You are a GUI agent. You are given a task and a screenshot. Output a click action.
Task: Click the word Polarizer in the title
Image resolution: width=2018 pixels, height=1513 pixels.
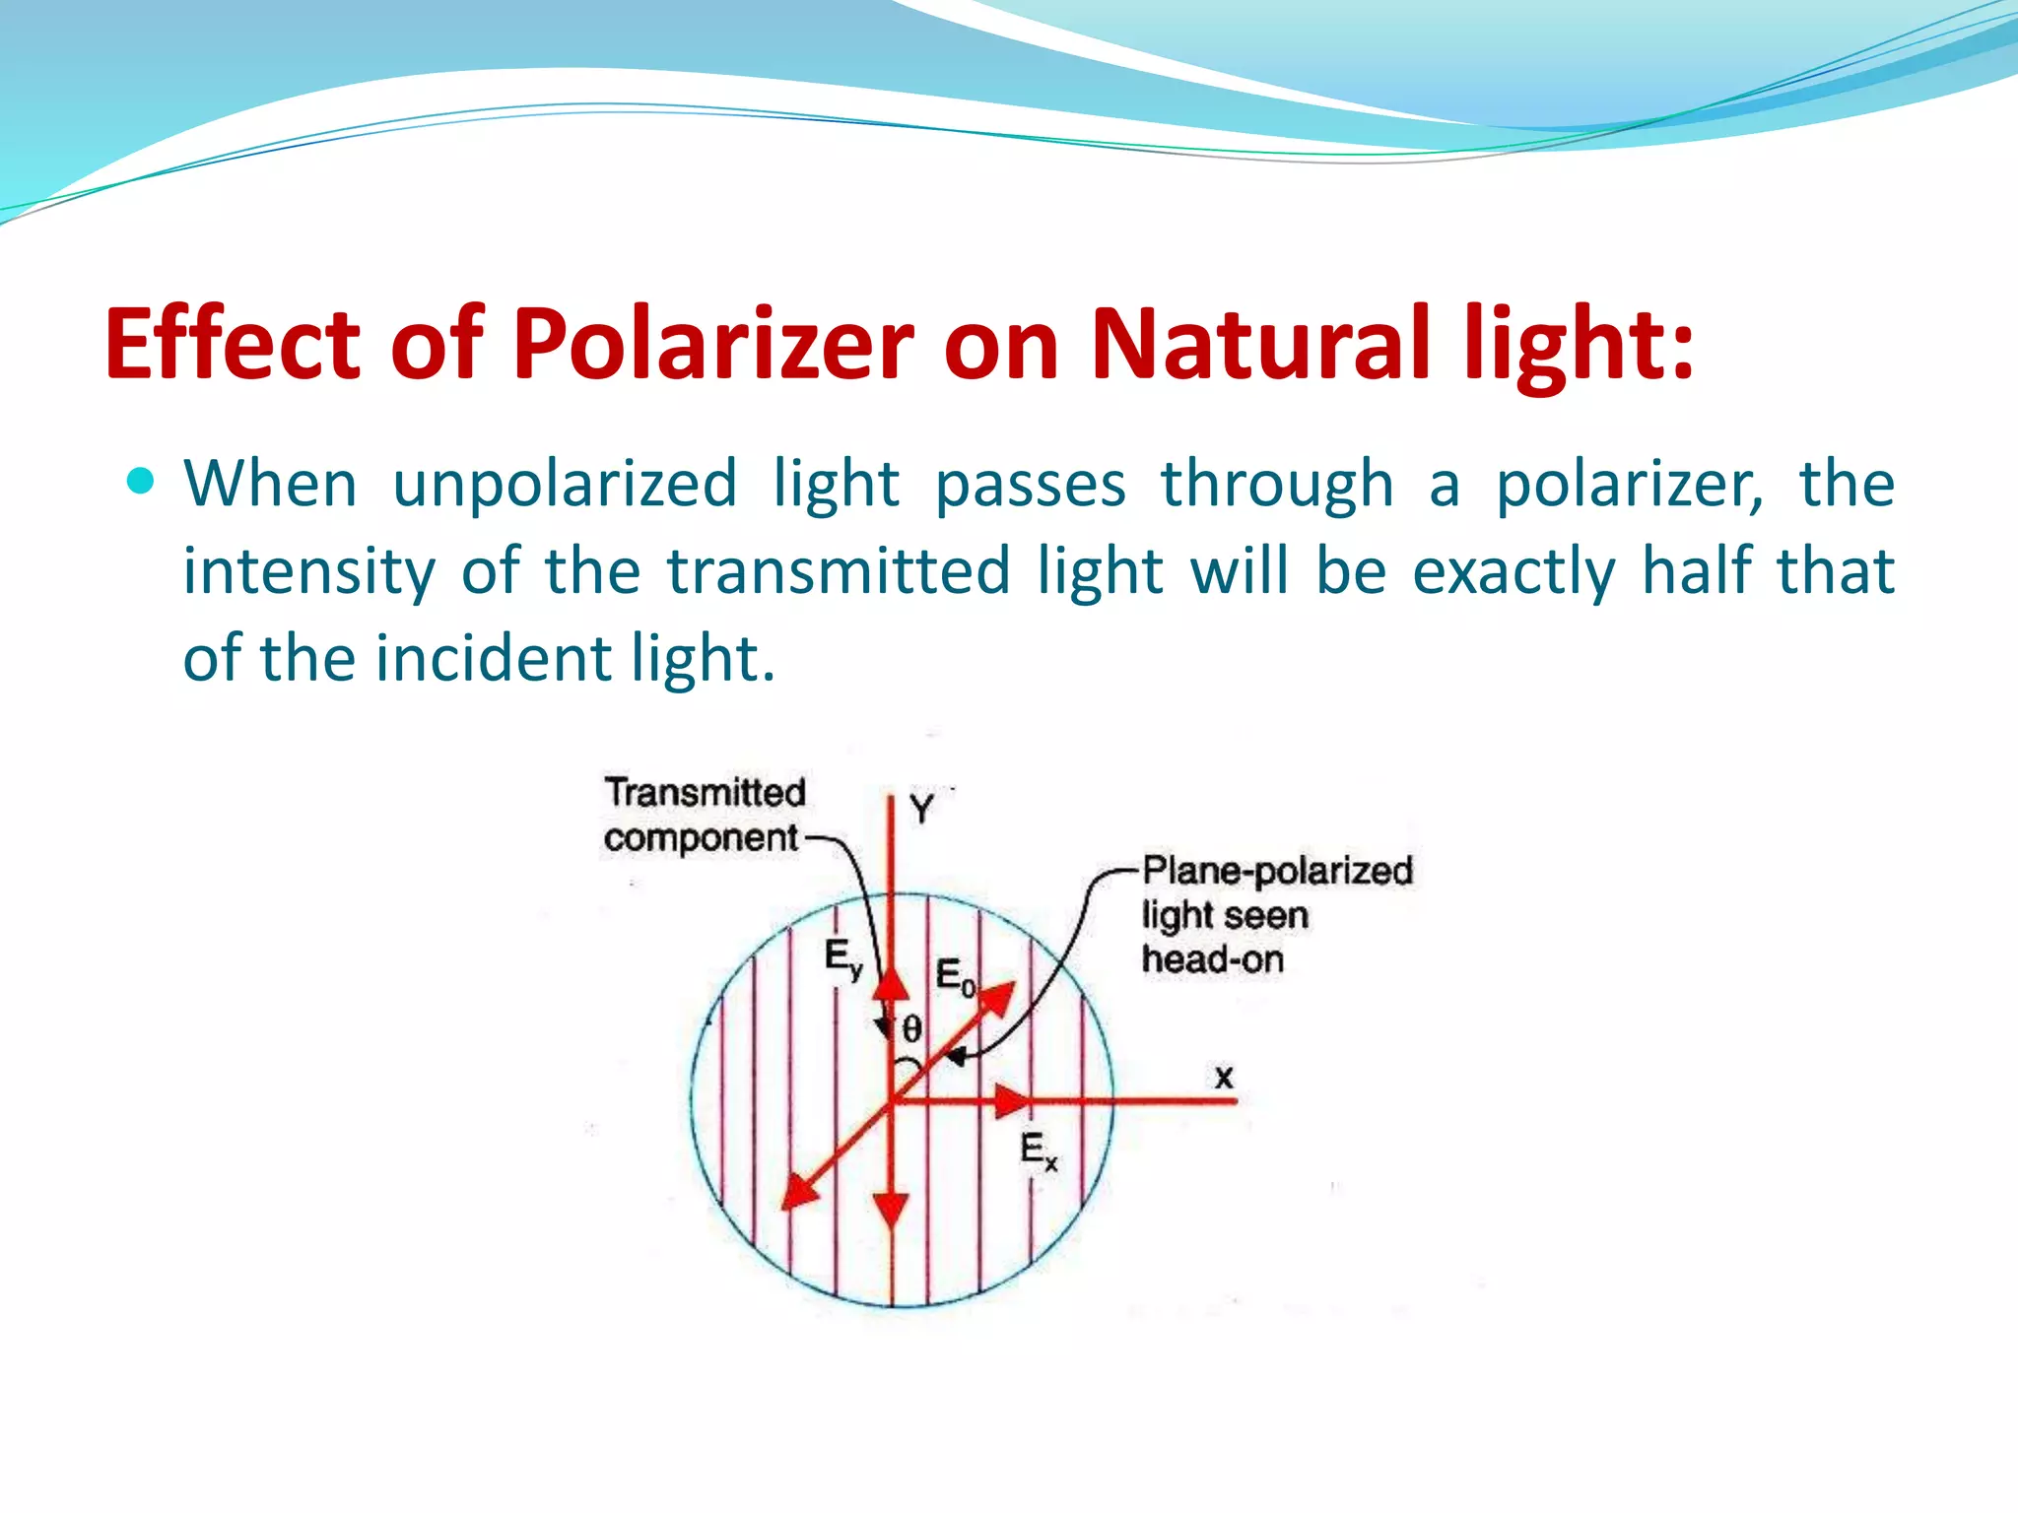click(713, 345)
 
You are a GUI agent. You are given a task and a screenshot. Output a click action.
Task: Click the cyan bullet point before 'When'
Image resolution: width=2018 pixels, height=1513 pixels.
click(141, 481)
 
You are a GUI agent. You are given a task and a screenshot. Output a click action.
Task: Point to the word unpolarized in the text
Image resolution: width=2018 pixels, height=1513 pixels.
click(565, 485)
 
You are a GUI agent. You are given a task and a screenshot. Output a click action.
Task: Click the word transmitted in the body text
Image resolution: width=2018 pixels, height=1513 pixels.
click(839, 571)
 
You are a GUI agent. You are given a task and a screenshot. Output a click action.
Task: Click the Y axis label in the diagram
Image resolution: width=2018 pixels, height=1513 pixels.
click(921, 810)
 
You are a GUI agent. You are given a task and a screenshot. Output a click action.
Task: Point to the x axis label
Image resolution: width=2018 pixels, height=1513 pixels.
click(1224, 1077)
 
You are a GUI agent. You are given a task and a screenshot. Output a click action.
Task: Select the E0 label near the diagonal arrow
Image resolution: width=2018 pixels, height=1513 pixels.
click(954, 976)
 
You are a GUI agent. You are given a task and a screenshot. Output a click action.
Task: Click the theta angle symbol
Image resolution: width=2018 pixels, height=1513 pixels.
click(912, 1029)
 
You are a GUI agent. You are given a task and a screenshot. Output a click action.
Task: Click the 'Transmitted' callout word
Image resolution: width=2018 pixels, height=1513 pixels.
click(706, 793)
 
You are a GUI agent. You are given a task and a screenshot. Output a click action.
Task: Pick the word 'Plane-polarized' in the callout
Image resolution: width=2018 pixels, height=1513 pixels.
click(1278, 871)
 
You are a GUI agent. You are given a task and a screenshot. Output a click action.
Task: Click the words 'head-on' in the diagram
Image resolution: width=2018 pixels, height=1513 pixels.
click(1213, 958)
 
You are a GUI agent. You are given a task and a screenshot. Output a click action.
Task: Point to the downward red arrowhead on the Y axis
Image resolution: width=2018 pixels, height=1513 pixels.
click(891, 1208)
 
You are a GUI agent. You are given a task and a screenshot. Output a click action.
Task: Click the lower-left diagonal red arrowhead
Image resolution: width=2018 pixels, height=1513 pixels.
click(799, 1191)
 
